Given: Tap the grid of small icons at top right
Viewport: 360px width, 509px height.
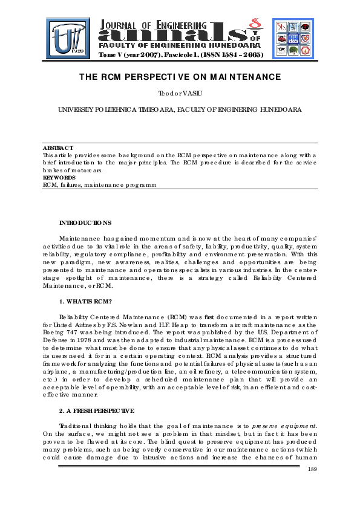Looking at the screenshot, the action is (292, 36).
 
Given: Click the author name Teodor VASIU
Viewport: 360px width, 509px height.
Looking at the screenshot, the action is (179, 94).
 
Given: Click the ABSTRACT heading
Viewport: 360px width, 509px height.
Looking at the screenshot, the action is (57, 148).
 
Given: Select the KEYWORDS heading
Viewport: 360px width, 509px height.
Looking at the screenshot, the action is (59, 178).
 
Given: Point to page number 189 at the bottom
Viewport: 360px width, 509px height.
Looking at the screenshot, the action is (313, 470).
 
